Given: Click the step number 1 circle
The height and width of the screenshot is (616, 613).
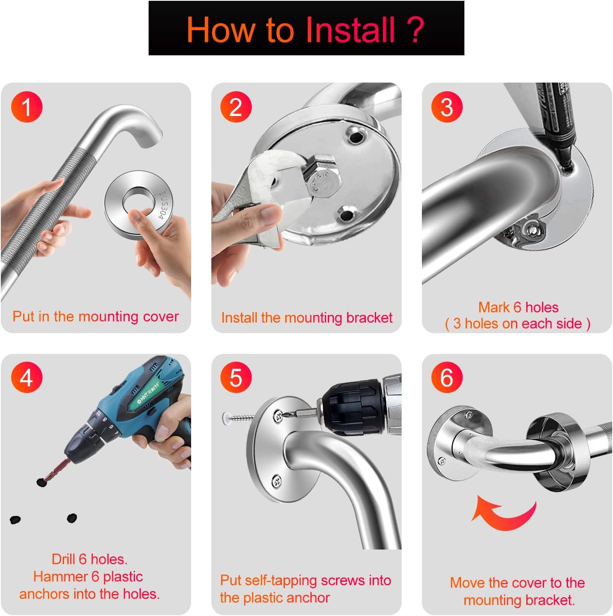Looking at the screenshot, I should point(27,107).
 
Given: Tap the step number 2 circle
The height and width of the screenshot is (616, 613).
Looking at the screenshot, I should point(236,107).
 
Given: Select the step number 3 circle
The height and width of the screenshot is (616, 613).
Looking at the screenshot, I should point(447,107).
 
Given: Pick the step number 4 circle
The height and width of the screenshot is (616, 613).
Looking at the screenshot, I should point(27,377).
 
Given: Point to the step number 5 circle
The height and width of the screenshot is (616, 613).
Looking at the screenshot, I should point(236,377).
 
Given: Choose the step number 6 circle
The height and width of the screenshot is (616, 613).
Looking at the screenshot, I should point(447,377).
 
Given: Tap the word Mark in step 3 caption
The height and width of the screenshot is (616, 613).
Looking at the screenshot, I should point(494,307).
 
